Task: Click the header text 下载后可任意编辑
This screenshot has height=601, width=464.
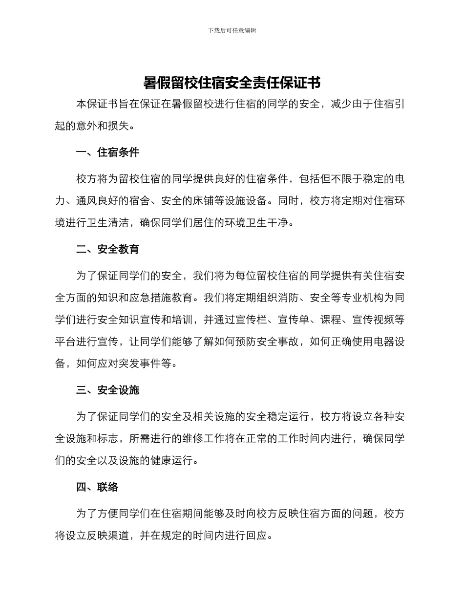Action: pos(232,30)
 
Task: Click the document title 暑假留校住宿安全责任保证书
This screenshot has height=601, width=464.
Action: pos(232,83)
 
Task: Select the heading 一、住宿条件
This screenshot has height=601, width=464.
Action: pos(107,152)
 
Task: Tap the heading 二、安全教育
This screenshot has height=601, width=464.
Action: pos(107,249)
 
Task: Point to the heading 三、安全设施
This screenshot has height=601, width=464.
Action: pos(107,390)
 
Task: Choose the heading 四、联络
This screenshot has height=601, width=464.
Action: pos(97,487)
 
